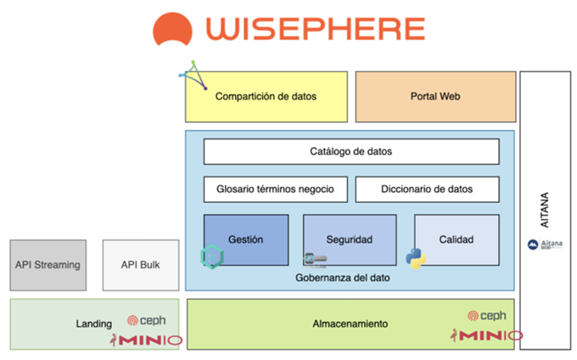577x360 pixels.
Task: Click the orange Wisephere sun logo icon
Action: pyautogui.click(x=176, y=29)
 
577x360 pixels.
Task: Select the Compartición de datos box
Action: pyautogui.click(x=266, y=97)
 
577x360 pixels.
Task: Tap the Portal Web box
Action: pyautogui.click(x=434, y=97)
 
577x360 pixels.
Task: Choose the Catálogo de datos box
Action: pyautogui.click(x=350, y=152)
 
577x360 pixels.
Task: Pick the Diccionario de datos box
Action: pyautogui.click(x=427, y=189)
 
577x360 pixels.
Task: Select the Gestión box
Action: pyautogui.click(x=246, y=240)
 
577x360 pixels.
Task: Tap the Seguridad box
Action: pyautogui.click(x=350, y=240)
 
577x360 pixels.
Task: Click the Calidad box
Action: pyautogui.click(x=457, y=240)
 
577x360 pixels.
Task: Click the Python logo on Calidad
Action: pyautogui.click(x=416, y=259)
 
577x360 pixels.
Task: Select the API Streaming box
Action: pyautogui.click(x=48, y=265)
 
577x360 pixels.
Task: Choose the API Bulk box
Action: pyautogui.click(x=141, y=265)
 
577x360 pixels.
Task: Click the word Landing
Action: pyautogui.click(x=93, y=323)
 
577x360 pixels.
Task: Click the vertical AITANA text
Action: pyautogui.click(x=545, y=209)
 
